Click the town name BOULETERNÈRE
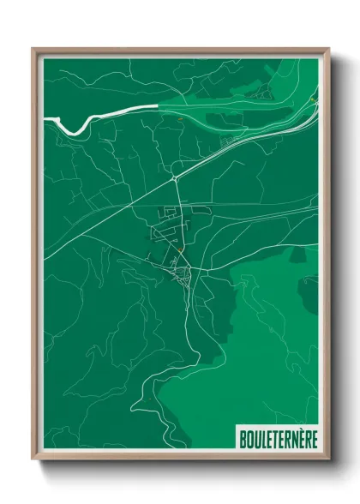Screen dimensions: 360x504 276,437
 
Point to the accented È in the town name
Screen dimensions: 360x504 301,437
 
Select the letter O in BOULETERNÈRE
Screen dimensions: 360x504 247,437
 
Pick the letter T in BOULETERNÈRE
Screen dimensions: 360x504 273,437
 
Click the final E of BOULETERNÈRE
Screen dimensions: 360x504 314,437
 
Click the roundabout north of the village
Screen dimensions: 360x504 174,177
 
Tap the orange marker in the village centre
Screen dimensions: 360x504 181,249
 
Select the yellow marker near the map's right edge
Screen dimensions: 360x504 313,99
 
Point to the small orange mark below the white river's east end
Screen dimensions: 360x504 181,121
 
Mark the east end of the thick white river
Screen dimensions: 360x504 158,106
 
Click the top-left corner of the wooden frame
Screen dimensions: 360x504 33,49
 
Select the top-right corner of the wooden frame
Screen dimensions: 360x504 329,49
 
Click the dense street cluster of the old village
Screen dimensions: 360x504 183,276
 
